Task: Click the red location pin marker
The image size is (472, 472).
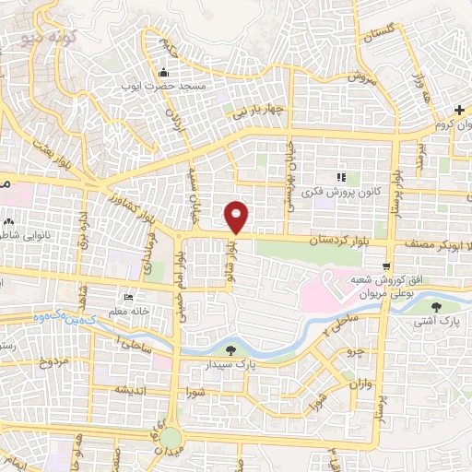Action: (x=238, y=216)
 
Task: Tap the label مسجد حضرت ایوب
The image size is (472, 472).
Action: (x=164, y=86)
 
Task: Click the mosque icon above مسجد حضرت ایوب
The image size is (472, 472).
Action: (x=164, y=73)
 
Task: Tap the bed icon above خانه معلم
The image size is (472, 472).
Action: (x=128, y=298)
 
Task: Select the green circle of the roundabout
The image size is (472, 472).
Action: (x=171, y=436)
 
